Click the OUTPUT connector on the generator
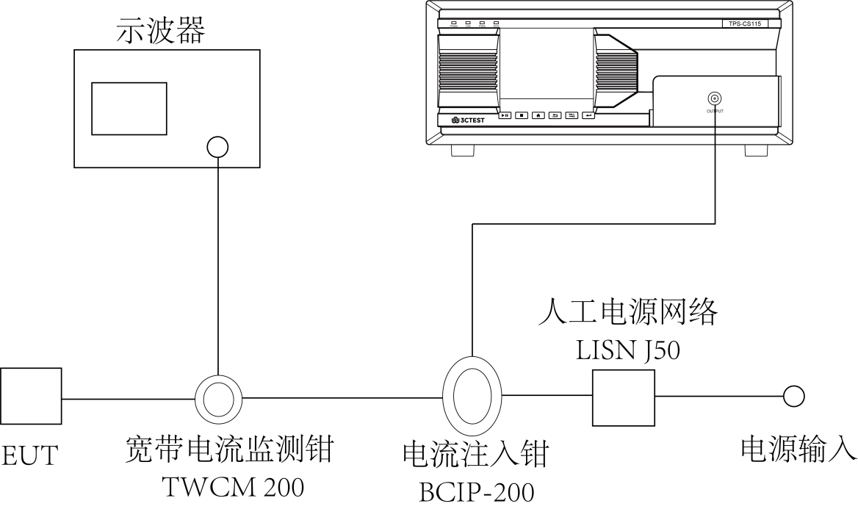click(713, 98)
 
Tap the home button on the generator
click(538, 115)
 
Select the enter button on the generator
click(588, 115)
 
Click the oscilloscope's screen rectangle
click(128, 108)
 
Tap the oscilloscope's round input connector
click(217, 147)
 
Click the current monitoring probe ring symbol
click(218, 399)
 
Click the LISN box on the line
click(623, 397)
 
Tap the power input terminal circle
click(793, 397)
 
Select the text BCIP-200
click(476, 491)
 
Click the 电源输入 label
click(798, 449)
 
